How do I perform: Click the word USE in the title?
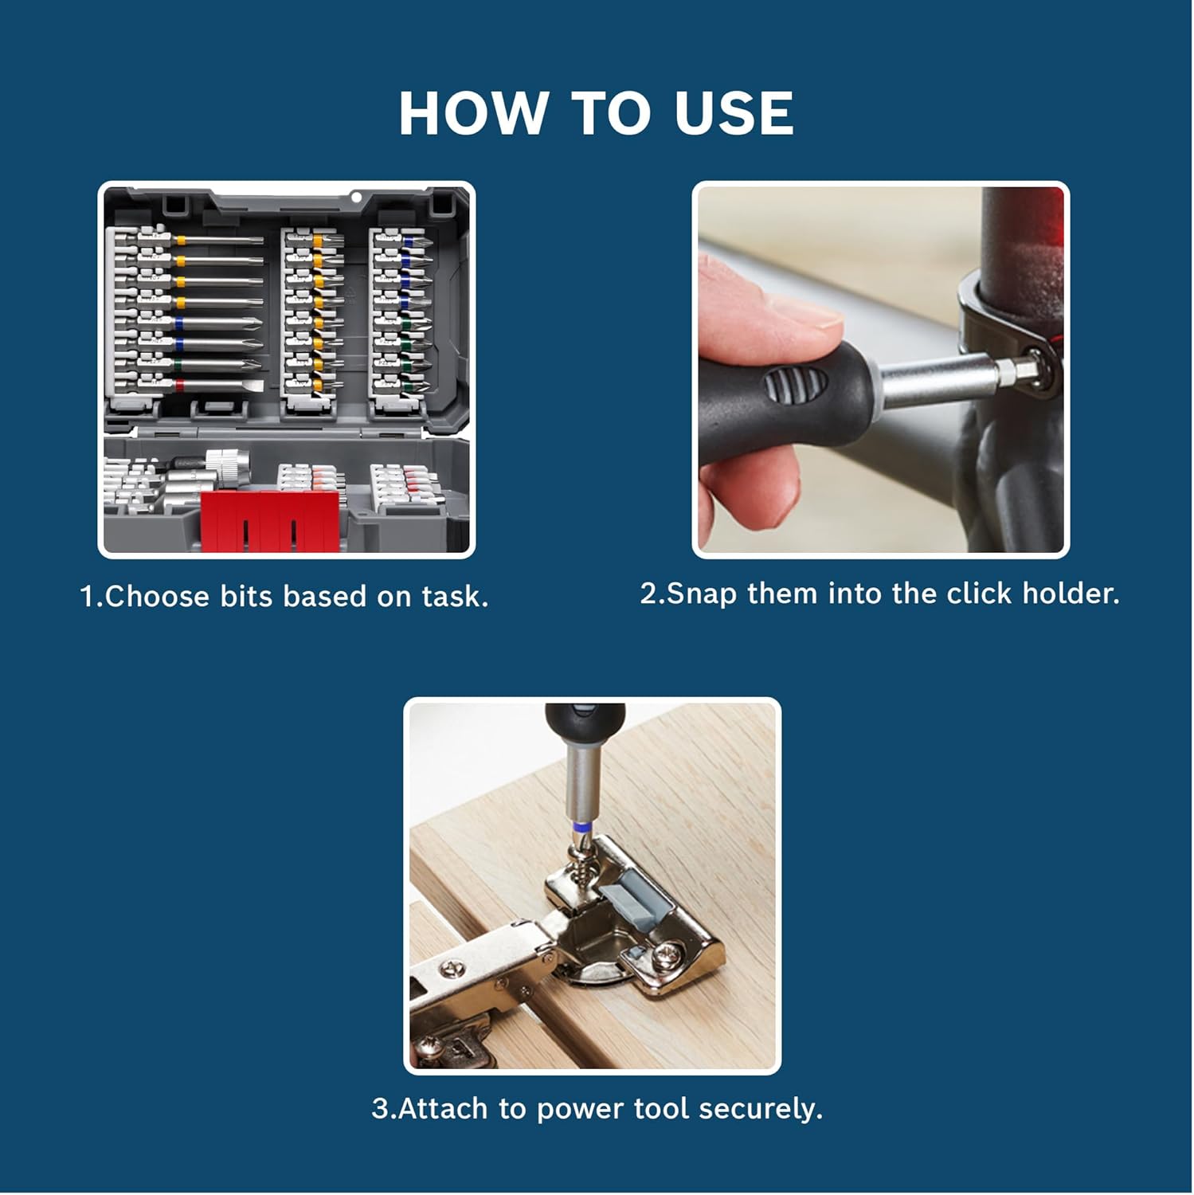tap(734, 113)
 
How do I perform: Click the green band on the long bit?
tap(178, 364)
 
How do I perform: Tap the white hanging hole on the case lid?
tap(357, 197)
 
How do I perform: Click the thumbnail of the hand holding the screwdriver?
tap(880, 370)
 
